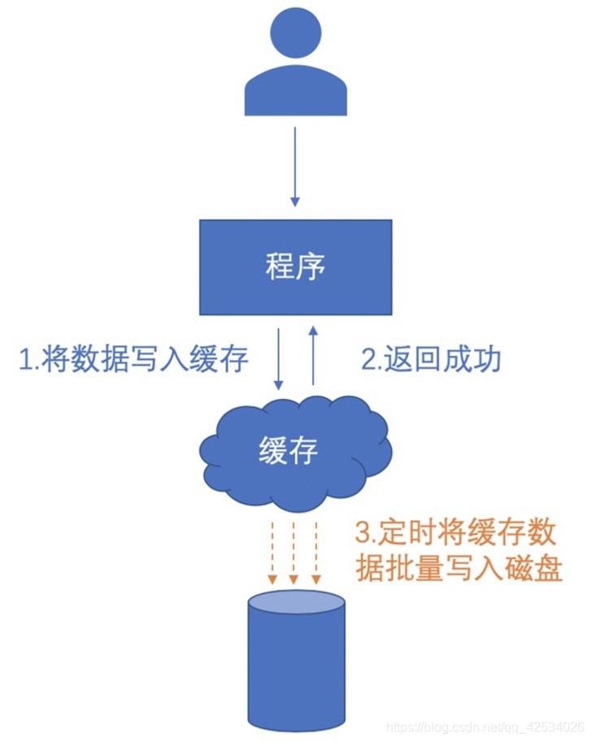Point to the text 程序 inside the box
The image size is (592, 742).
(x=295, y=267)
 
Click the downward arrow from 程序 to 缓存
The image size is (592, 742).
(x=279, y=358)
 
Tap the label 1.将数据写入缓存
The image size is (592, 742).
(x=133, y=359)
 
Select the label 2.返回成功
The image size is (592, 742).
(x=431, y=359)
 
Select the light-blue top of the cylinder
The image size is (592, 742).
(x=296, y=601)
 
